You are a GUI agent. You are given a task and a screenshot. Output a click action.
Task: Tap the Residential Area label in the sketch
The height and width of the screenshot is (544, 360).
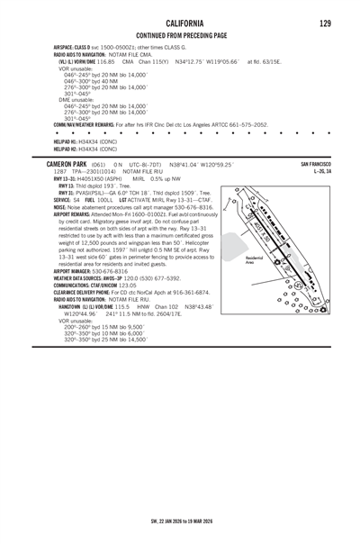[255, 260]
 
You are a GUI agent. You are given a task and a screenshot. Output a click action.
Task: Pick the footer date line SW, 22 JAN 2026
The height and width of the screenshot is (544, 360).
[179, 520]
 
